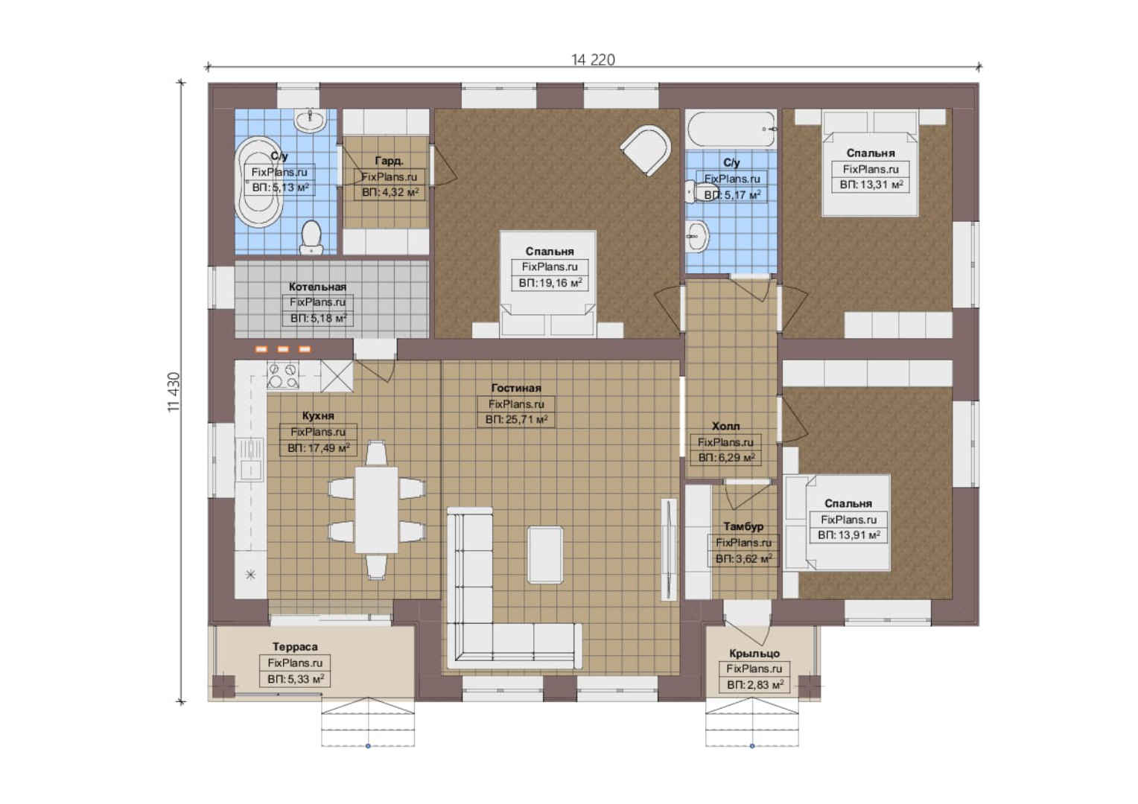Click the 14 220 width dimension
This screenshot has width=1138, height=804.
coord(593,60)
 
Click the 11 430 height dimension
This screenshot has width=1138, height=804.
coord(174,392)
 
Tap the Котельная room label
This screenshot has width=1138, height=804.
coord(317,287)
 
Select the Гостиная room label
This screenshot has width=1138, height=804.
coord(516,388)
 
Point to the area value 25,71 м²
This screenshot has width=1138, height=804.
coord(516,420)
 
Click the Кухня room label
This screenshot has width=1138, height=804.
coord(318,416)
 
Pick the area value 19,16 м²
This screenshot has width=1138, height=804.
coord(550,283)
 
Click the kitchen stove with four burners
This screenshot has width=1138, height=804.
coord(283,376)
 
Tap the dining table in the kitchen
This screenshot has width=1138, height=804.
coord(376,510)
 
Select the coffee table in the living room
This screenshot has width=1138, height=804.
coord(545,555)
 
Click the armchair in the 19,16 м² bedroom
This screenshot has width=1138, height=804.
coord(646,150)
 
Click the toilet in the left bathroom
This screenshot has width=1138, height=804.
coord(311,237)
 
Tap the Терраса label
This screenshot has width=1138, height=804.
coord(295,647)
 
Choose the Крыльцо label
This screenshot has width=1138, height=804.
coord(754,654)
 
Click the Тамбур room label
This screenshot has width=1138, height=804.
coord(743,526)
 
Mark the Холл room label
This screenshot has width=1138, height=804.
coord(725,426)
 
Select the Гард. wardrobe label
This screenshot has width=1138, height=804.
coord(390,161)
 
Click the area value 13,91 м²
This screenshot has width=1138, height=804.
coord(849,535)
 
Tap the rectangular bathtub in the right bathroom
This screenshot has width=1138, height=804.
coord(731,130)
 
